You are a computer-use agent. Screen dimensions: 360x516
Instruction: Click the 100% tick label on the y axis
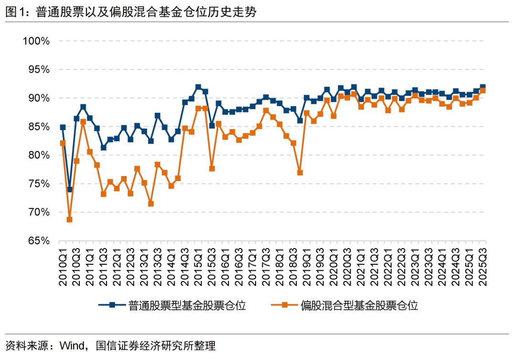[x=36, y=41]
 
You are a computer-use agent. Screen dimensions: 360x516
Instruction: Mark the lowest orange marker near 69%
[x=69, y=219]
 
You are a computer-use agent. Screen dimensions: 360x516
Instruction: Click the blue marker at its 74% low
[x=69, y=189]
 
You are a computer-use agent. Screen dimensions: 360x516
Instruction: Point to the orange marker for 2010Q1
[x=63, y=143]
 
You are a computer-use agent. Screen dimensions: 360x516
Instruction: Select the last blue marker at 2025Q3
[x=483, y=87]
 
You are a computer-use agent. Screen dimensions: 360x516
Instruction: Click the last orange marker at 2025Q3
[x=483, y=90]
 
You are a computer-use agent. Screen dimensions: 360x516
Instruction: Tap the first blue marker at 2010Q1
[x=63, y=127]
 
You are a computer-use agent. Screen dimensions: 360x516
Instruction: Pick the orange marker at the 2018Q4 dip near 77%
[x=300, y=173]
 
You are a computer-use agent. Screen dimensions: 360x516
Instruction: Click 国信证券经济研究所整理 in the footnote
[x=156, y=346]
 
